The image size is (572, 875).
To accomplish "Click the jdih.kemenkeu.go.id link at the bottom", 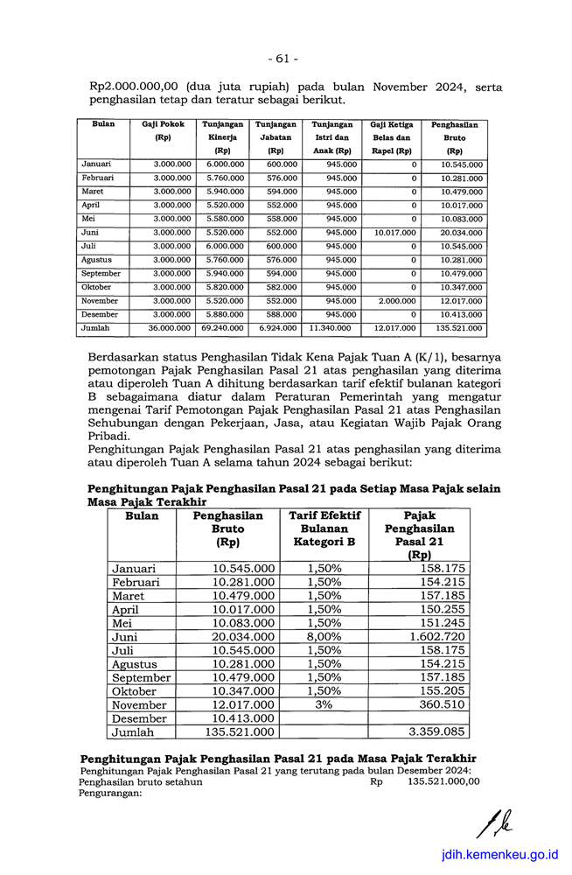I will click(x=499, y=855).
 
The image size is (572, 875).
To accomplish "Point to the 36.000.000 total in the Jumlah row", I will click(x=172, y=328).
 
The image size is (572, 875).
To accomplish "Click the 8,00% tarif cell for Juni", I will click(x=324, y=637).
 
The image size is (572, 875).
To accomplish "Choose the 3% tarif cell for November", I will click(x=324, y=705).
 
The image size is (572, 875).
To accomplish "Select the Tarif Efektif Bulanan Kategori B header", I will click(x=324, y=529).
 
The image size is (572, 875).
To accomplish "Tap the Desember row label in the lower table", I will click(x=139, y=719).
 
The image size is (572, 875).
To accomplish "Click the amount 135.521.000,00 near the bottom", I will click(x=443, y=782).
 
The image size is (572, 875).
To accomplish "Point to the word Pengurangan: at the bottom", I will click(x=110, y=794).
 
